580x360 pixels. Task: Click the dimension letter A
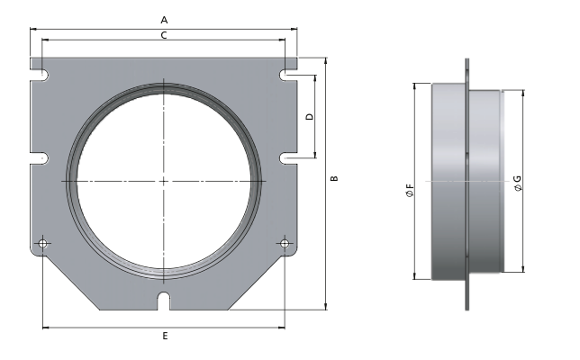[163, 19]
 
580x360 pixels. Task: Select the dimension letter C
[163, 35]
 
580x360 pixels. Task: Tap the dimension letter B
[335, 180]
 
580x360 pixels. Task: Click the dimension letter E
[165, 336]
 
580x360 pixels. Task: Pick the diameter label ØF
[410, 191]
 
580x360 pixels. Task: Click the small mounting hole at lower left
[43, 243]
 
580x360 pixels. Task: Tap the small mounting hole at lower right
[285, 243]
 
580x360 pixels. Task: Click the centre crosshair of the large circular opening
[164, 181]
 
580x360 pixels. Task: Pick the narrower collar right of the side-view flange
[485, 180]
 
